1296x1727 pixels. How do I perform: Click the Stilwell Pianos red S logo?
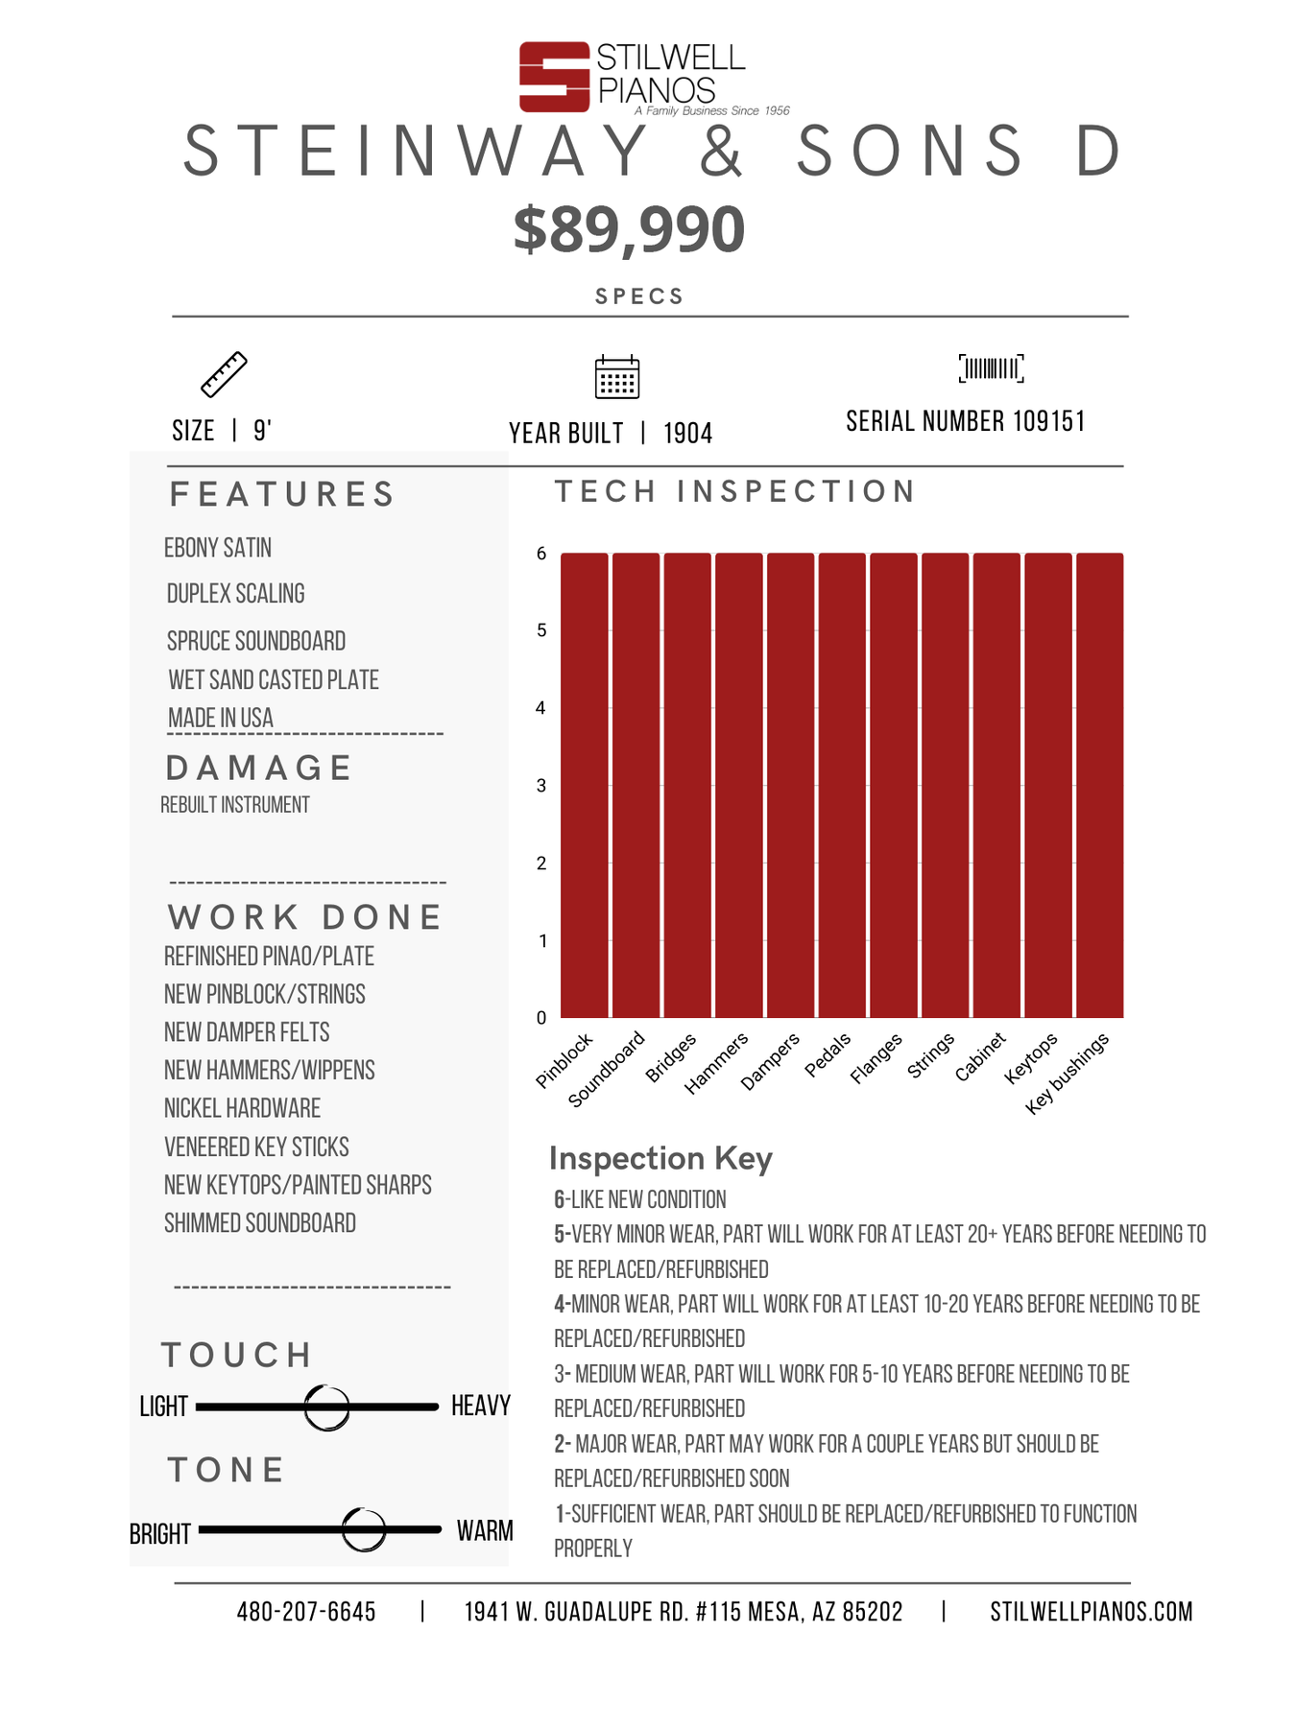tap(554, 77)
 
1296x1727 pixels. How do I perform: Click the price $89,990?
tap(629, 230)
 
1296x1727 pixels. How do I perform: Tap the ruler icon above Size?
tap(224, 374)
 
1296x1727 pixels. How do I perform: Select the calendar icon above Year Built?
tap(617, 376)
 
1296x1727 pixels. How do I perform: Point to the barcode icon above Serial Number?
tap(991, 368)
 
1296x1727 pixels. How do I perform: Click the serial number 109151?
tap(1049, 422)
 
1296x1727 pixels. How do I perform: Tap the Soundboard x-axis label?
tap(607, 1070)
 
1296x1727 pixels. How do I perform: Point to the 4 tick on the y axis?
tap(541, 708)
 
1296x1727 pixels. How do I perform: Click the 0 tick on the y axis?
tap(541, 1018)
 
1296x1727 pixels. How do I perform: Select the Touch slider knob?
tap(326, 1408)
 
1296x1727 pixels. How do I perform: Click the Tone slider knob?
tap(364, 1529)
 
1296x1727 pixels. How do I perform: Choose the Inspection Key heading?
tap(660, 1159)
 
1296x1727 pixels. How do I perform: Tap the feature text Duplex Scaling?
tap(236, 594)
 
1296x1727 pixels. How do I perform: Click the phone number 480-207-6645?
tap(306, 1612)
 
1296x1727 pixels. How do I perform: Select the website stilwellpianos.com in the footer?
tap(1091, 1612)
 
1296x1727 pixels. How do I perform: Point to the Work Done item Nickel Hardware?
tap(242, 1109)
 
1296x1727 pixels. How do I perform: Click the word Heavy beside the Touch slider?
tap(480, 1407)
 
